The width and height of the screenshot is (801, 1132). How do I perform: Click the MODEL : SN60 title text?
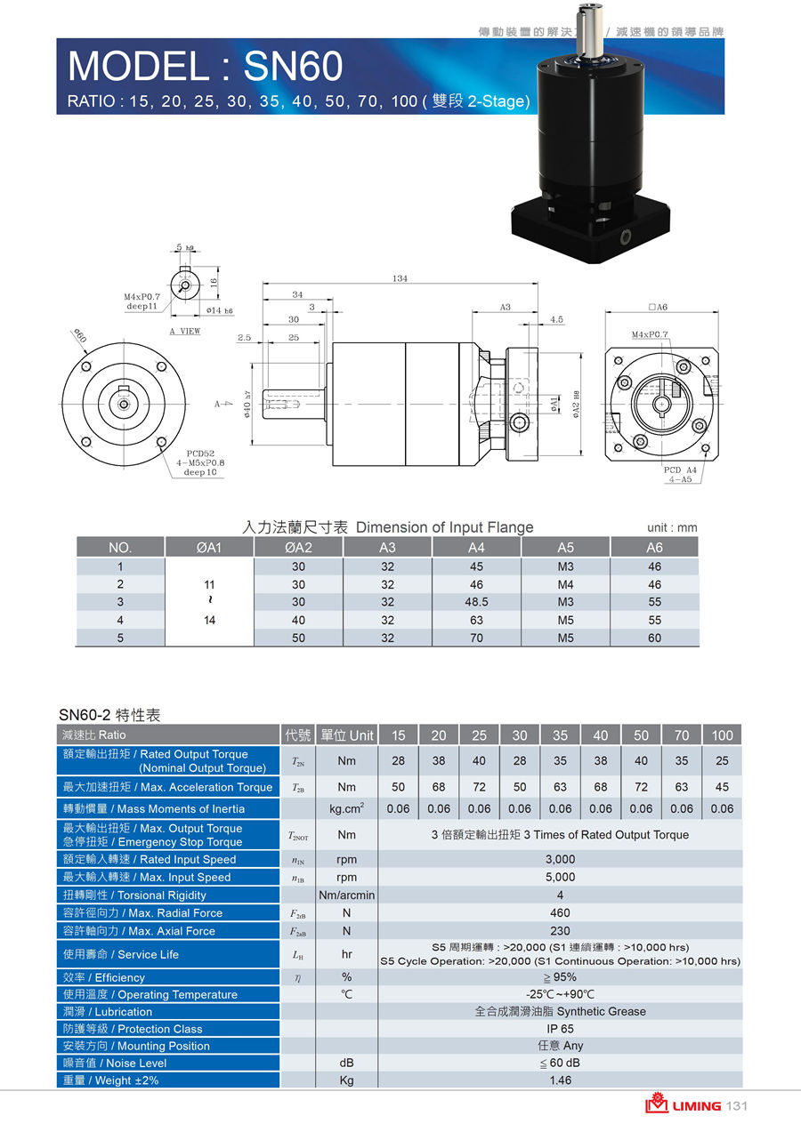click(x=205, y=67)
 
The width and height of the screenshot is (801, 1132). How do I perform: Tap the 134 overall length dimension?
click(x=400, y=278)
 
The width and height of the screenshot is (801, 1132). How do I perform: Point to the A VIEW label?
click(x=185, y=331)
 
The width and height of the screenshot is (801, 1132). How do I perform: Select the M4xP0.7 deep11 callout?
click(x=142, y=301)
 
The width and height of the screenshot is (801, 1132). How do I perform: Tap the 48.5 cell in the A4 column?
click(x=476, y=602)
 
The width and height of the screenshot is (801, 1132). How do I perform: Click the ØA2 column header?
click(x=298, y=548)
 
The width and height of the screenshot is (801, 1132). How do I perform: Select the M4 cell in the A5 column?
click(x=565, y=584)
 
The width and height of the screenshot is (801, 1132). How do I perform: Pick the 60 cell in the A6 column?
click(x=654, y=638)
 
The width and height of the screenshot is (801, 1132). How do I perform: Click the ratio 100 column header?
click(x=722, y=735)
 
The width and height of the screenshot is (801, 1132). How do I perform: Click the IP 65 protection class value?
click(x=560, y=1029)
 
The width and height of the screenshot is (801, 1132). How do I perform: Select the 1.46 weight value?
click(x=560, y=1080)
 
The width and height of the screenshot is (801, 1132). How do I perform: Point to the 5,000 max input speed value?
click(x=560, y=877)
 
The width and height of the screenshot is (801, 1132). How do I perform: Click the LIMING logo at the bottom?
click(x=684, y=1106)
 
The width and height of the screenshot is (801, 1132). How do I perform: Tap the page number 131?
click(x=736, y=1106)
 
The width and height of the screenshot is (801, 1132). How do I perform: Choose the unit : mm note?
click(x=672, y=528)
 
